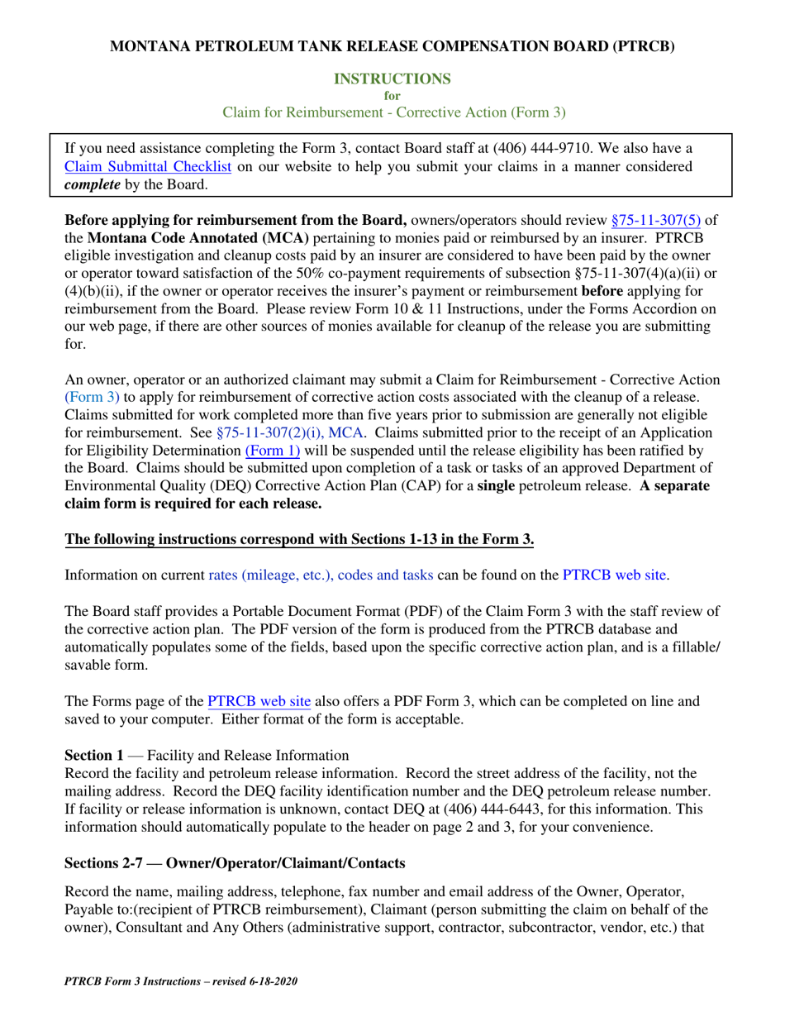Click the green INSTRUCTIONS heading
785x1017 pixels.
coord(392,79)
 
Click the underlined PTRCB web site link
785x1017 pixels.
coord(259,702)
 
